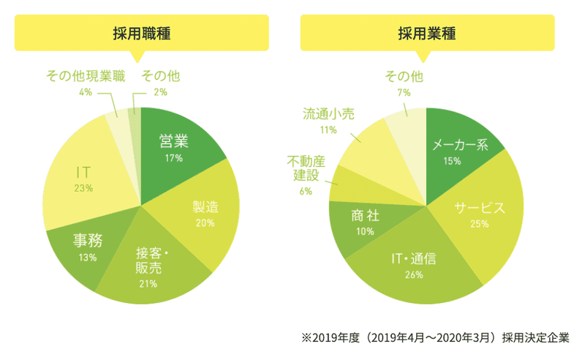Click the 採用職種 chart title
(142, 33)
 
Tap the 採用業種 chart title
(427, 33)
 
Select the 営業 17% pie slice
(175, 147)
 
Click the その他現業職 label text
(86, 75)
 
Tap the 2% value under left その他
(161, 92)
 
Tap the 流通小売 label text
(330, 113)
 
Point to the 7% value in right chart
(404, 92)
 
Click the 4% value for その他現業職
(86, 92)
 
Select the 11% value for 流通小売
(328, 130)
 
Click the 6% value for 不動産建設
(306, 192)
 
